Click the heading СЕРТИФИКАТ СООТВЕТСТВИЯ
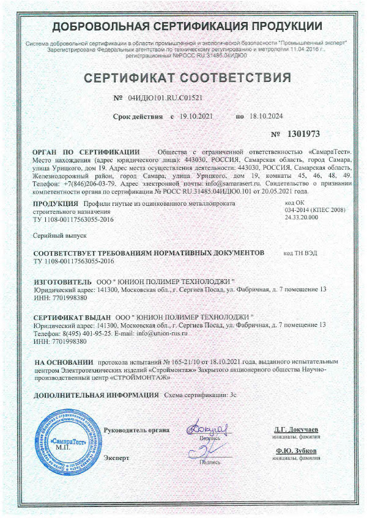(x=187, y=78)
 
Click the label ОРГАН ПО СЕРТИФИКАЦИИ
(x=86, y=151)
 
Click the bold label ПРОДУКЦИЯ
(x=56, y=202)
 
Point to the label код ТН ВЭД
(x=300, y=252)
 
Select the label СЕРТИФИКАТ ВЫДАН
(x=72, y=317)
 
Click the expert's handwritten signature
(x=209, y=453)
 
